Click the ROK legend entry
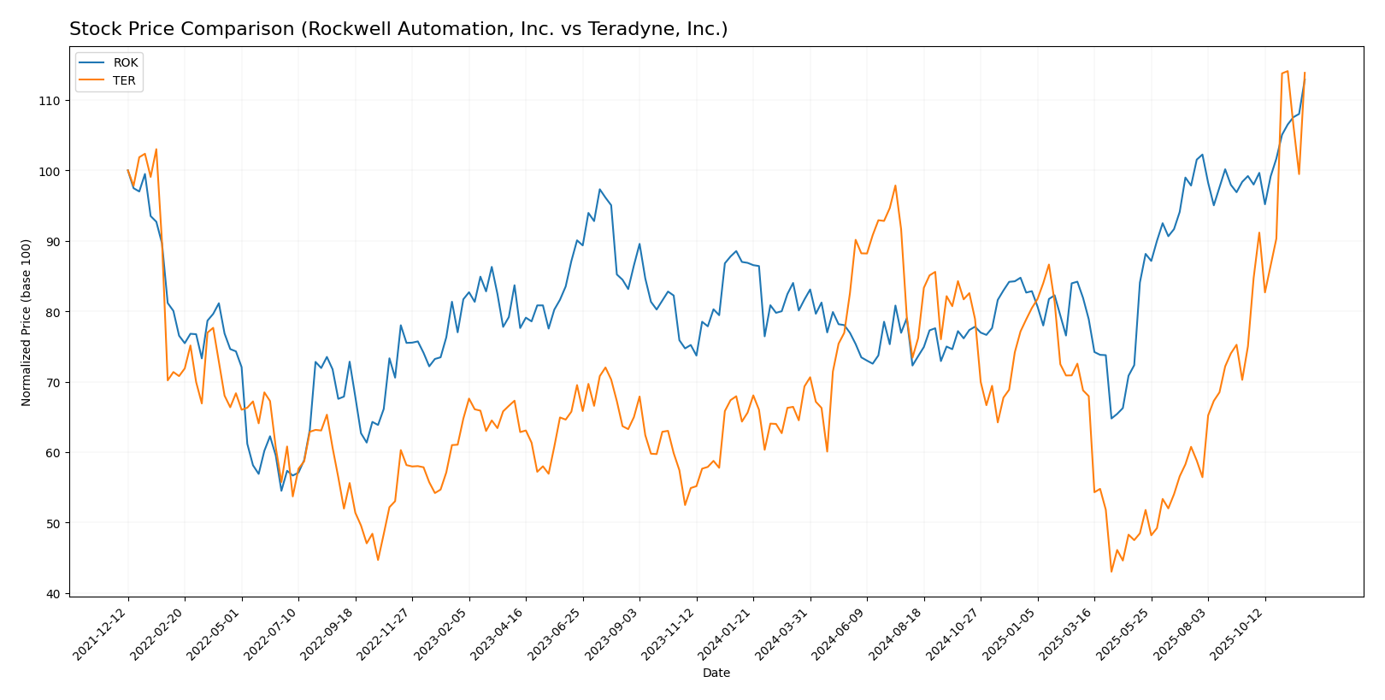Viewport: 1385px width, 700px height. pyautogui.click(x=125, y=63)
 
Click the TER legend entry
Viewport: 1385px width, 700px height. pyautogui.click(x=125, y=81)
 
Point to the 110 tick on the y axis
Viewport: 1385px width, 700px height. pyautogui.click(x=53, y=101)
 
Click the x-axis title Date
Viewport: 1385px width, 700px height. pyautogui.click(x=716, y=674)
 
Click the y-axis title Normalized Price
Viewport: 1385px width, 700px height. pyautogui.click(x=27, y=322)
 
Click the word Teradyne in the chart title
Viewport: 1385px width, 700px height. pyautogui.click(x=625, y=30)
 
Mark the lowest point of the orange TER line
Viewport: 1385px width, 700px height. pyautogui.click(x=1111, y=571)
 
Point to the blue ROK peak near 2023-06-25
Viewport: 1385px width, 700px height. pyautogui.click(x=599, y=190)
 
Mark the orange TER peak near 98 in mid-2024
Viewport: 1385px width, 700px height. pyautogui.click(x=895, y=185)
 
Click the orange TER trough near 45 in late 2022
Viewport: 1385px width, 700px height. pyautogui.click(x=378, y=560)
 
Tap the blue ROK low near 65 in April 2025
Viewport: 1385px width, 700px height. pyautogui.click(x=1111, y=418)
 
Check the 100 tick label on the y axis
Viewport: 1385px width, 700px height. pyautogui.click(x=53, y=171)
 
